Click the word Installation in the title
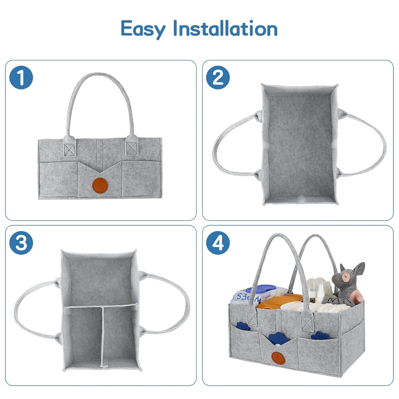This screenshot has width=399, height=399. pyautogui.click(x=225, y=28)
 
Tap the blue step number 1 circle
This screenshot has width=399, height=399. pyautogui.click(x=21, y=78)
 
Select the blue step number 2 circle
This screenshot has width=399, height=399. pyautogui.click(x=218, y=78)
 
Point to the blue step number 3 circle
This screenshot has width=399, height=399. pyautogui.click(x=21, y=243)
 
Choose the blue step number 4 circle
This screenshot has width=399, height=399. pyautogui.click(x=218, y=243)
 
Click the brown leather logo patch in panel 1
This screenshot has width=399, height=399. pyautogui.click(x=100, y=184)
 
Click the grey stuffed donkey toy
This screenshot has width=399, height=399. pyautogui.click(x=352, y=282)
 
